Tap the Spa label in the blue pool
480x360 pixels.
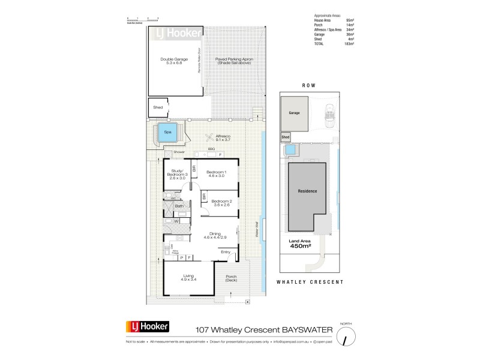point(167,131)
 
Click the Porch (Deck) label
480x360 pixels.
point(230,278)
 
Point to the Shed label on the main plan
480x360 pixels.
point(158,107)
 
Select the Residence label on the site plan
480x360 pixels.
point(307,191)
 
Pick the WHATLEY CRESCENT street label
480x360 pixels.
point(309,281)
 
